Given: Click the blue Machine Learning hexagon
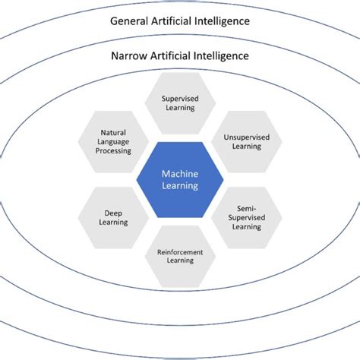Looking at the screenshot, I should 179,179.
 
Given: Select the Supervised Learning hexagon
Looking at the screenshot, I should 179,103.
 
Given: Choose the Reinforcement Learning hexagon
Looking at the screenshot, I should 179,255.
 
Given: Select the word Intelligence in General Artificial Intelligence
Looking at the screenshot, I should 222,21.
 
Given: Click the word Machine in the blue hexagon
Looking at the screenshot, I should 179,174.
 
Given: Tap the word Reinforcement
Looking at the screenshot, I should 179,251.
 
